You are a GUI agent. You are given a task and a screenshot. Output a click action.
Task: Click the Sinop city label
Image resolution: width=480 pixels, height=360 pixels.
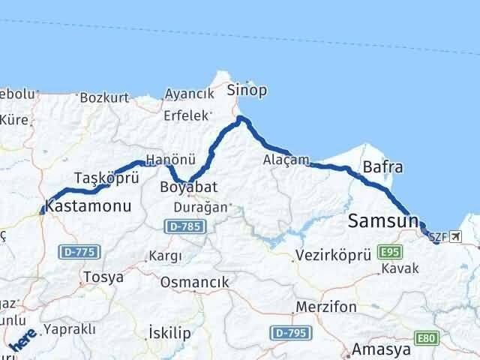[247, 91]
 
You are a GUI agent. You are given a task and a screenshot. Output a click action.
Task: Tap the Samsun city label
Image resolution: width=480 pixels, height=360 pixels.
[382, 221]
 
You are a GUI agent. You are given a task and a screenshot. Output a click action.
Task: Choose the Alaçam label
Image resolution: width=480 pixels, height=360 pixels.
[286, 160]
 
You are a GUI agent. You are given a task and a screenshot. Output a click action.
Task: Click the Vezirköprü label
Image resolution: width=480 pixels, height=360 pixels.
[334, 255]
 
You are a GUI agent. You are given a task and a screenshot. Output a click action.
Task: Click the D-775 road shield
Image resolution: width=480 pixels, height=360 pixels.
[79, 251]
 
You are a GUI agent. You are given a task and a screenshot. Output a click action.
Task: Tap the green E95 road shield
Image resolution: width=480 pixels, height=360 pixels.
[391, 251]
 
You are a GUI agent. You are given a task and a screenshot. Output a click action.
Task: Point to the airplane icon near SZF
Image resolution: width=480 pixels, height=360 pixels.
[456, 237]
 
